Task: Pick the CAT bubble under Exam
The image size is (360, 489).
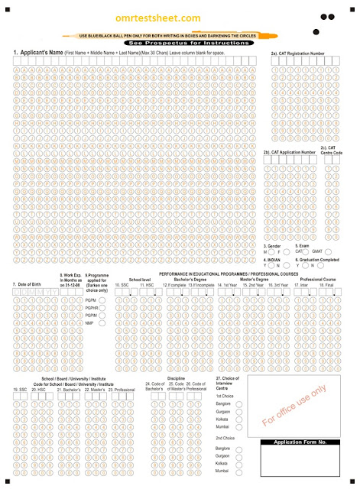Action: coord(308,251)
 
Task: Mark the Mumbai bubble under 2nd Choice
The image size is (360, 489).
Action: coord(239,474)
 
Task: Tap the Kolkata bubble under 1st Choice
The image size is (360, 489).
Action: coord(239,420)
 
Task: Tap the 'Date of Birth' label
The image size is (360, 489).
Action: coord(28,284)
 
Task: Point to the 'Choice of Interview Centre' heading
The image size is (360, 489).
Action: coord(229,383)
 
